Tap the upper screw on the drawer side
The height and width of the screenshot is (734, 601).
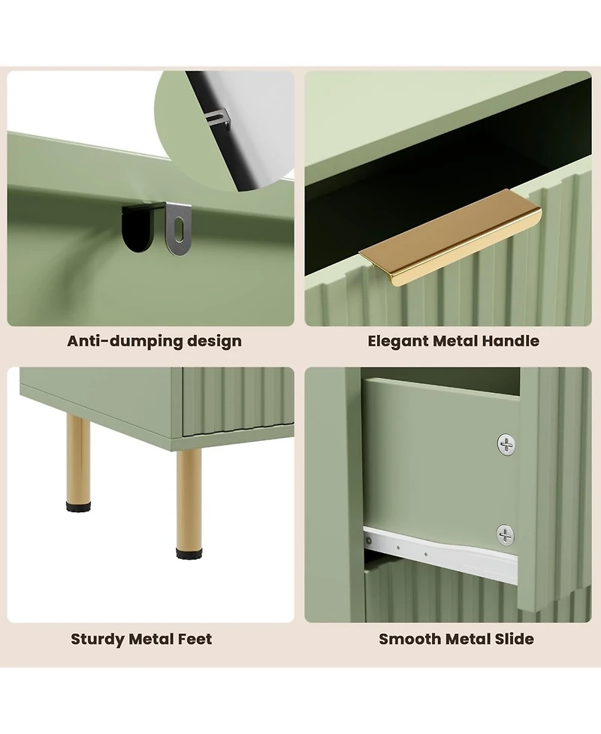tap(506, 444)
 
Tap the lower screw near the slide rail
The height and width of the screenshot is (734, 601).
tap(506, 535)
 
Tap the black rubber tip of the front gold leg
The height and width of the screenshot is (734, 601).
tap(189, 553)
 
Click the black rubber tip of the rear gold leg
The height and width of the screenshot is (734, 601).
tap(77, 506)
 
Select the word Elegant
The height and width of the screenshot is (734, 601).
tap(398, 341)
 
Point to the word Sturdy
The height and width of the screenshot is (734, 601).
tap(98, 639)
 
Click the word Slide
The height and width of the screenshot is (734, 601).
tap(513, 639)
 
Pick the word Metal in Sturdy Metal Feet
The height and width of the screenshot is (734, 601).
tap(151, 639)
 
